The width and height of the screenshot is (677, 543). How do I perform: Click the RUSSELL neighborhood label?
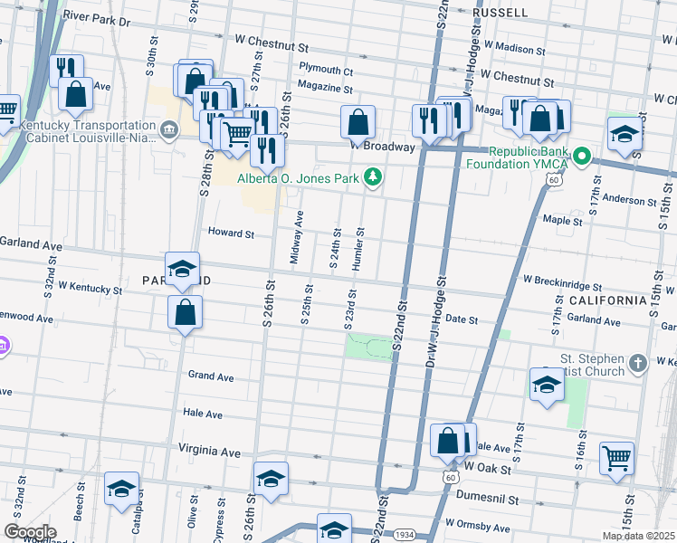pos(501,13)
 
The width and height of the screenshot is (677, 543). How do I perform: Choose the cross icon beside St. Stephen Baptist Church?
pos(639,364)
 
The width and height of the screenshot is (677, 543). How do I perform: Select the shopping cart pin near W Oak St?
pos(616,458)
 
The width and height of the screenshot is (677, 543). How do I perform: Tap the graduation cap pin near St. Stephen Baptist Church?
pos(547,385)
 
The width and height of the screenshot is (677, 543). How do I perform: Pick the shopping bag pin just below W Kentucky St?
pos(185,312)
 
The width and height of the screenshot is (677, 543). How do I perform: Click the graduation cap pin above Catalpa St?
pos(122,489)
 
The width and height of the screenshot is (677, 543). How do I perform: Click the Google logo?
pos(29,531)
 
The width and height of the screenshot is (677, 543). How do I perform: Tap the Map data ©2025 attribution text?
pos(638,536)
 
